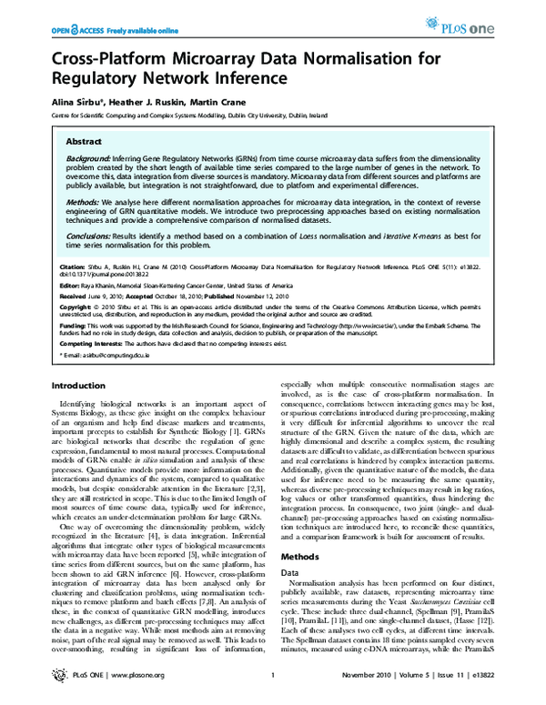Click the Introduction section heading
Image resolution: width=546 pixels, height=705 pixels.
80,386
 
